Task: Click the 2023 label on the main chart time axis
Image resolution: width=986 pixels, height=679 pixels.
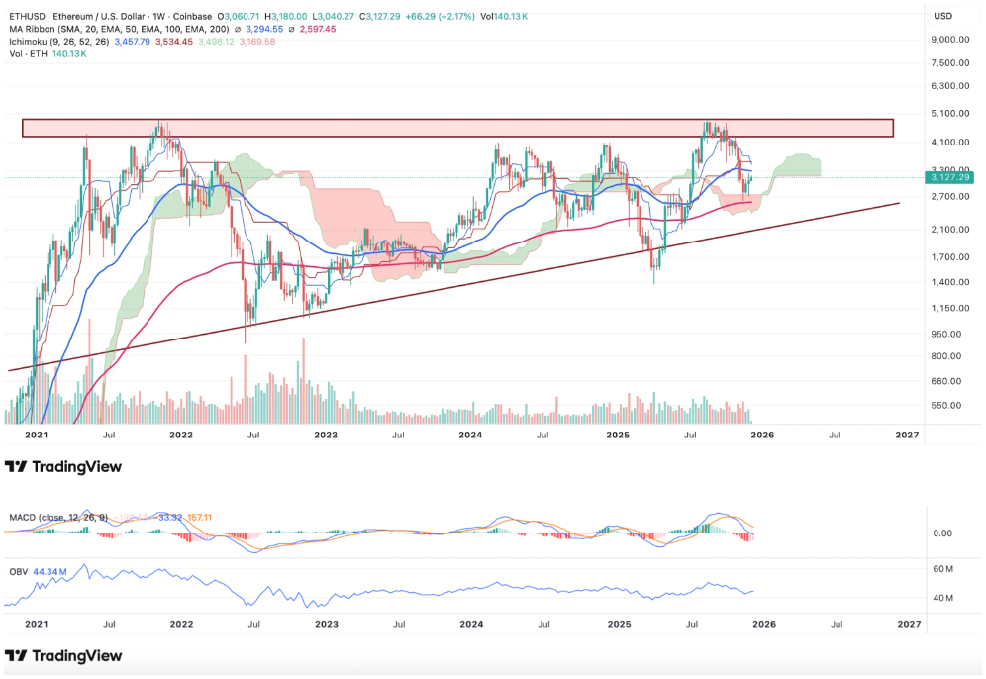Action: [326, 434]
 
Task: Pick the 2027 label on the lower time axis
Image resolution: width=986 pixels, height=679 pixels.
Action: [908, 625]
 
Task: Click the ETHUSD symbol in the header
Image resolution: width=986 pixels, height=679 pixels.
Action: [26, 16]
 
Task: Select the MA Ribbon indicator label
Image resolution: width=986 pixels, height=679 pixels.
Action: [31, 29]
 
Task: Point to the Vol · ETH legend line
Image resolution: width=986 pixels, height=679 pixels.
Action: [28, 53]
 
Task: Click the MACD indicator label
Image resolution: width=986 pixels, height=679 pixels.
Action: [23, 517]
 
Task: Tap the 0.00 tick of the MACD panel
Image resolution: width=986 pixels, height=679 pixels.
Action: [942, 533]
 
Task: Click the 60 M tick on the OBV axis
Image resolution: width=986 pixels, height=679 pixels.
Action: [942, 569]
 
